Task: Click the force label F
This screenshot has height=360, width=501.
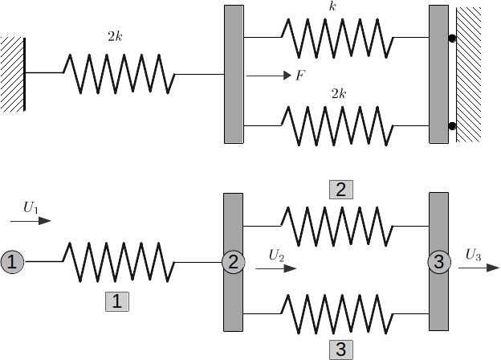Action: pos(300,76)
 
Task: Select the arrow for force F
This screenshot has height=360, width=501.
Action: pos(269,76)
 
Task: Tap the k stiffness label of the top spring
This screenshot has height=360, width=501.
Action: pos(332,6)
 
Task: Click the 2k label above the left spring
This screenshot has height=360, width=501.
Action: pos(115,37)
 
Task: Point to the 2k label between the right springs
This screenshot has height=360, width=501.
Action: pos(339,94)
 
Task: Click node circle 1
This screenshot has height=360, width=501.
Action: pos(12,262)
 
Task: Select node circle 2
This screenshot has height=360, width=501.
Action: pos(234,262)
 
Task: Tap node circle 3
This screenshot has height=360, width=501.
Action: pos(439,262)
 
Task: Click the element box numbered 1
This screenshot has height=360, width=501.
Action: pos(117,301)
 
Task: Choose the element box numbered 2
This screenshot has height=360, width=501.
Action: pos(341,190)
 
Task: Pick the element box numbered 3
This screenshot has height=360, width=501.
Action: pos(341,350)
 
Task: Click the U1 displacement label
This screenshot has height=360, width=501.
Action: pos(31,208)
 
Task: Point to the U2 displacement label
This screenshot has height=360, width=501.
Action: pos(276,256)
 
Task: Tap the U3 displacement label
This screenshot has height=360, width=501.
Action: pos(473,255)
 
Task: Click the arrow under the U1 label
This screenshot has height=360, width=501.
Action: pos(31,221)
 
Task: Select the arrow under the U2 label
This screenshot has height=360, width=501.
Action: pos(276,268)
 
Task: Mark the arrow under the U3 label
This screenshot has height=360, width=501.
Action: pos(479,268)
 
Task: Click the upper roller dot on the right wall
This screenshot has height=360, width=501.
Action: pos(452,38)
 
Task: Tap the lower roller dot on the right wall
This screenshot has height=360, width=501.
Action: pos(452,126)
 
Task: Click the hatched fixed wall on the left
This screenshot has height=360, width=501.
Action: pos(13,74)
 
